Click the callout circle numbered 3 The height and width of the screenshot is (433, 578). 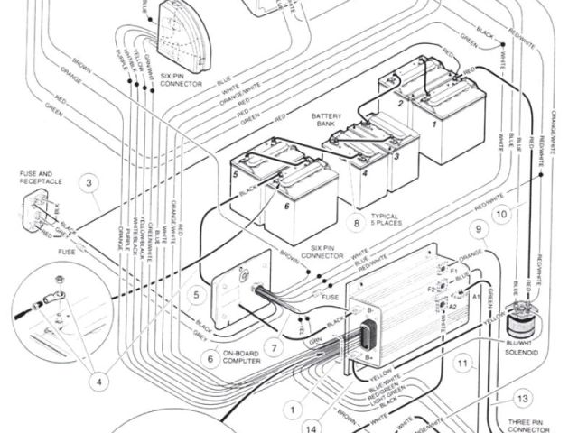[x=89, y=184]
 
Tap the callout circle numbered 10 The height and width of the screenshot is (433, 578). [x=502, y=215]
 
